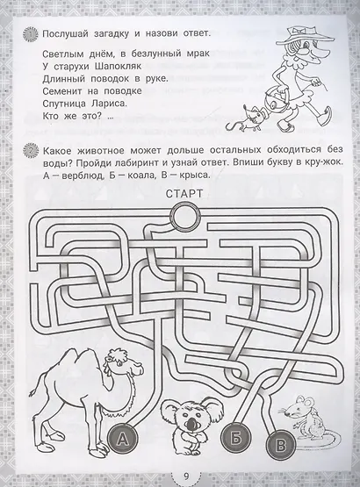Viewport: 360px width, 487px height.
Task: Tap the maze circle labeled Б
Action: [236, 438]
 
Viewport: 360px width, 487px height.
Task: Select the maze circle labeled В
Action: [281, 445]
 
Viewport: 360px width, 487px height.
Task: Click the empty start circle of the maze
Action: [184, 216]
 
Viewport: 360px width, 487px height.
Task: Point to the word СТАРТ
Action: [184, 194]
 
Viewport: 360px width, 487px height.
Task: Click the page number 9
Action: [186, 476]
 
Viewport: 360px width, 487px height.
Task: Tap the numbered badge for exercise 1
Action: [30, 34]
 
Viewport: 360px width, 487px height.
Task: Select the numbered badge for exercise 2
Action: [30, 151]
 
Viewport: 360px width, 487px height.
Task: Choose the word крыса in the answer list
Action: [191, 175]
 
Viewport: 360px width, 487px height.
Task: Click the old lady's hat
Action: [309, 36]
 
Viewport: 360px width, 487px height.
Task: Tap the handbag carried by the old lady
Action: [275, 101]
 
